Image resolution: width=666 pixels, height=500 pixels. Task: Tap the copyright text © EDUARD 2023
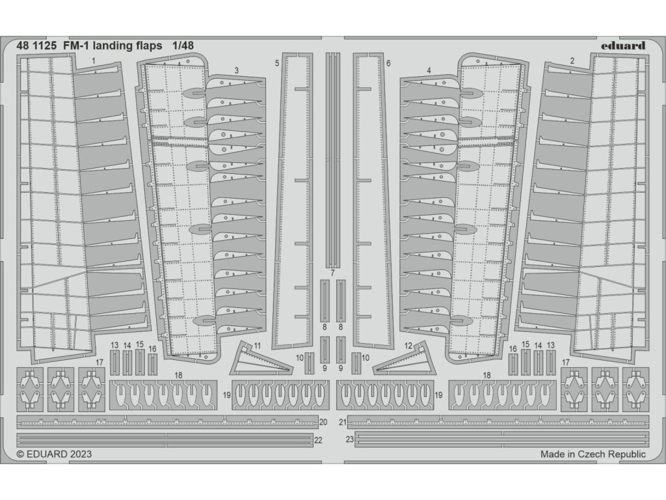[54, 454]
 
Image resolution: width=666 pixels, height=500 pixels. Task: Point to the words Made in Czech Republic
[593, 454]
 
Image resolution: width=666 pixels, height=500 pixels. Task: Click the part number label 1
[94, 61]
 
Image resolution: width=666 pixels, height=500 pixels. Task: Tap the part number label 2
[572, 61]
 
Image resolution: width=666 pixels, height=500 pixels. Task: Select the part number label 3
[236, 70]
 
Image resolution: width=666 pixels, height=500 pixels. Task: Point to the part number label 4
[429, 70]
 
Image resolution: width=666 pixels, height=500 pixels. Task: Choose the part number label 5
[277, 63]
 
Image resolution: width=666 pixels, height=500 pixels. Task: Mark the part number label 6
[388, 63]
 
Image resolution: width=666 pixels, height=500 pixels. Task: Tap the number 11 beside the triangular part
[258, 345]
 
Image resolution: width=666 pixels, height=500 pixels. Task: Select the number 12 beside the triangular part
[408, 345]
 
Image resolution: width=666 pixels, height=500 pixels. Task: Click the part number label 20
[323, 422]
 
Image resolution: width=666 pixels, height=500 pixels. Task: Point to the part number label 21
[343, 422]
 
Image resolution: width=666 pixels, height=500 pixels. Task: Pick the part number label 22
[318, 440]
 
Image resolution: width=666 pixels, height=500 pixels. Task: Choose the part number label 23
[349, 440]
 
